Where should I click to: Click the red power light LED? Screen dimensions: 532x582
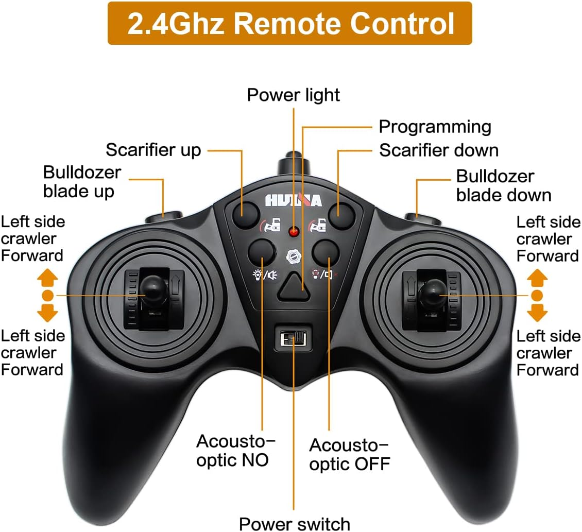(x=294, y=233)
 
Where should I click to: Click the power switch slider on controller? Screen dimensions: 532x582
(x=292, y=338)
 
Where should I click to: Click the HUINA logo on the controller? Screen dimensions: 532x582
(x=293, y=200)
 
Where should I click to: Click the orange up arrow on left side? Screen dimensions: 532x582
(x=47, y=278)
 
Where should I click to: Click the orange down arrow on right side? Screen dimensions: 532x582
(x=537, y=312)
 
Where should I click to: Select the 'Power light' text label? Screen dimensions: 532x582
(x=294, y=95)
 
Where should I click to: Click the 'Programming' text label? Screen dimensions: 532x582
(x=435, y=127)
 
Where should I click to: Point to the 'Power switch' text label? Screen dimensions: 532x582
(x=295, y=523)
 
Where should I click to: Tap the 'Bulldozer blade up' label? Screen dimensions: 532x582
(x=81, y=181)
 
